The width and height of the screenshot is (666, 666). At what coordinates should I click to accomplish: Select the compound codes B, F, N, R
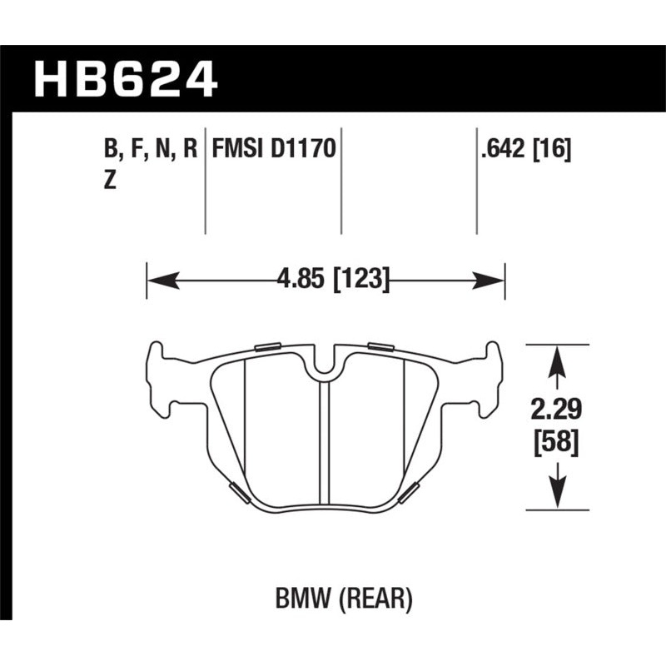click(x=151, y=151)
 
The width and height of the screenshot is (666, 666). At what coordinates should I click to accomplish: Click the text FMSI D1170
click(x=274, y=151)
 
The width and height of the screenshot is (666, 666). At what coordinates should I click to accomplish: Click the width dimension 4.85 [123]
click(x=333, y=279)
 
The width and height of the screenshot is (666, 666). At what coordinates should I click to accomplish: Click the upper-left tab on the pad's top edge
click(x=267, y=346)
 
